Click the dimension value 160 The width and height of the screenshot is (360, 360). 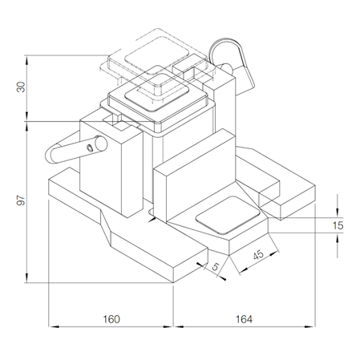[111, 319]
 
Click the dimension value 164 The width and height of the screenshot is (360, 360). [244, 319]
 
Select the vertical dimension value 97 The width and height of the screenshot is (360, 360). [21, 200]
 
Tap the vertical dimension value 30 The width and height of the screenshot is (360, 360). [21, 87]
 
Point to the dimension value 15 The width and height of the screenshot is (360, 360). [338, 225]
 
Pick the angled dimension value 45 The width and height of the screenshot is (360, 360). [258, 255]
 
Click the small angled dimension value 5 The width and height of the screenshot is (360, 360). [216, 266]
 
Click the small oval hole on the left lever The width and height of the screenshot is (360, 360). [91, 148]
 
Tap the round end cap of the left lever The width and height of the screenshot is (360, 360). [101, 143]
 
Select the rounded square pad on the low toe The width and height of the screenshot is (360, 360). [228, 215]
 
